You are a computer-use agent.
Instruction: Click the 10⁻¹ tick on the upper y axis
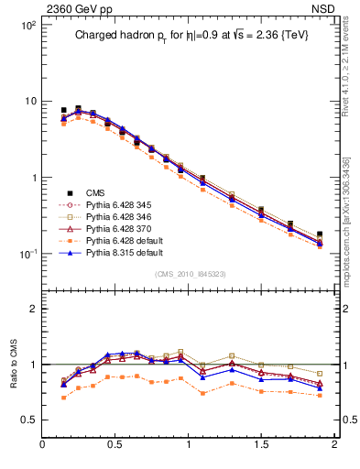click(x=26, y=254)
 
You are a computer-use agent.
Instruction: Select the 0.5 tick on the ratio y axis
click(x=28, y=420)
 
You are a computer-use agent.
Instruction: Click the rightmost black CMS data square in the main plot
click(x=320, y=234)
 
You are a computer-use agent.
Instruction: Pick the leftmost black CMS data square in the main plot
click(x=63, y=110)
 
